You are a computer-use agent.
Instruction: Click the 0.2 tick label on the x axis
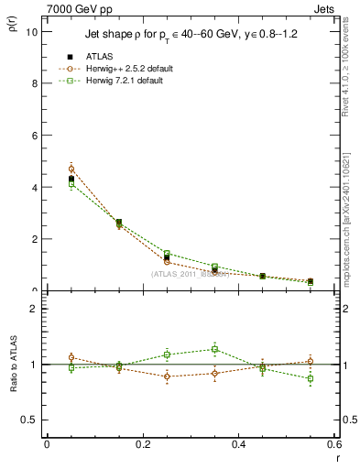pyautogui.click(x=143, y=444)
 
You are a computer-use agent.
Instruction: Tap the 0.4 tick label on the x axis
pyautogui.click(x=239, y=444)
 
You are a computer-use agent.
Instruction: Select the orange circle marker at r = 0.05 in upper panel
pyautogui.click(x=71, y=169)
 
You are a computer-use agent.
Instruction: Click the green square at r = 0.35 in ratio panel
pyautogui.click(x=214, y=349)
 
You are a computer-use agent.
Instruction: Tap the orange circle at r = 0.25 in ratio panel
pyautogui.click(x=167, y=376)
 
